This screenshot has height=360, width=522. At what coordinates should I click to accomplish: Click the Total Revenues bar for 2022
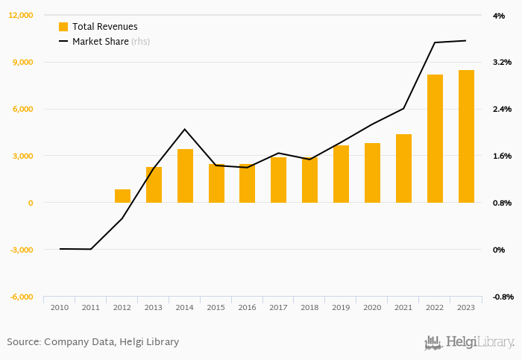[435, 139]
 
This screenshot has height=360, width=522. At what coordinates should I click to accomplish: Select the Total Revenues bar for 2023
[466, 136]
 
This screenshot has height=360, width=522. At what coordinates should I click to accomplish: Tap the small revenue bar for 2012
[122, 196]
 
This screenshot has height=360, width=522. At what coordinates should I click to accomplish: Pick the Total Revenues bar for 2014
[185, 176]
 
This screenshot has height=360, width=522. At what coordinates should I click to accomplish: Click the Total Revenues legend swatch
[63, 27]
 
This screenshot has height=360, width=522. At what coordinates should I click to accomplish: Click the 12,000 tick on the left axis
[21, 15]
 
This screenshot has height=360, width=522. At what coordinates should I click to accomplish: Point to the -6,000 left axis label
[22, 297]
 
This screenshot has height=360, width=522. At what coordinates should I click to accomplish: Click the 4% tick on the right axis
[499, 15]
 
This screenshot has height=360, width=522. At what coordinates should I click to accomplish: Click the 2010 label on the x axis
[60, 307]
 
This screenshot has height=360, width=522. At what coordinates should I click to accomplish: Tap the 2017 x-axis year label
[279, 307]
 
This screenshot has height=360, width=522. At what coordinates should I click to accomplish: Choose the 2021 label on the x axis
[403, 307]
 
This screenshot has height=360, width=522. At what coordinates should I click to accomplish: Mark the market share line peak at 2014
[185, 130]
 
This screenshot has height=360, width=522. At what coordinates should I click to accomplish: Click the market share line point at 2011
[91, 249]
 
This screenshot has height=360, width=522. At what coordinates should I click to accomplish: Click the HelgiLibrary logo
[470, 342]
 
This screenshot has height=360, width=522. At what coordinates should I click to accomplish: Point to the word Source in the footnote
[22, 342]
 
